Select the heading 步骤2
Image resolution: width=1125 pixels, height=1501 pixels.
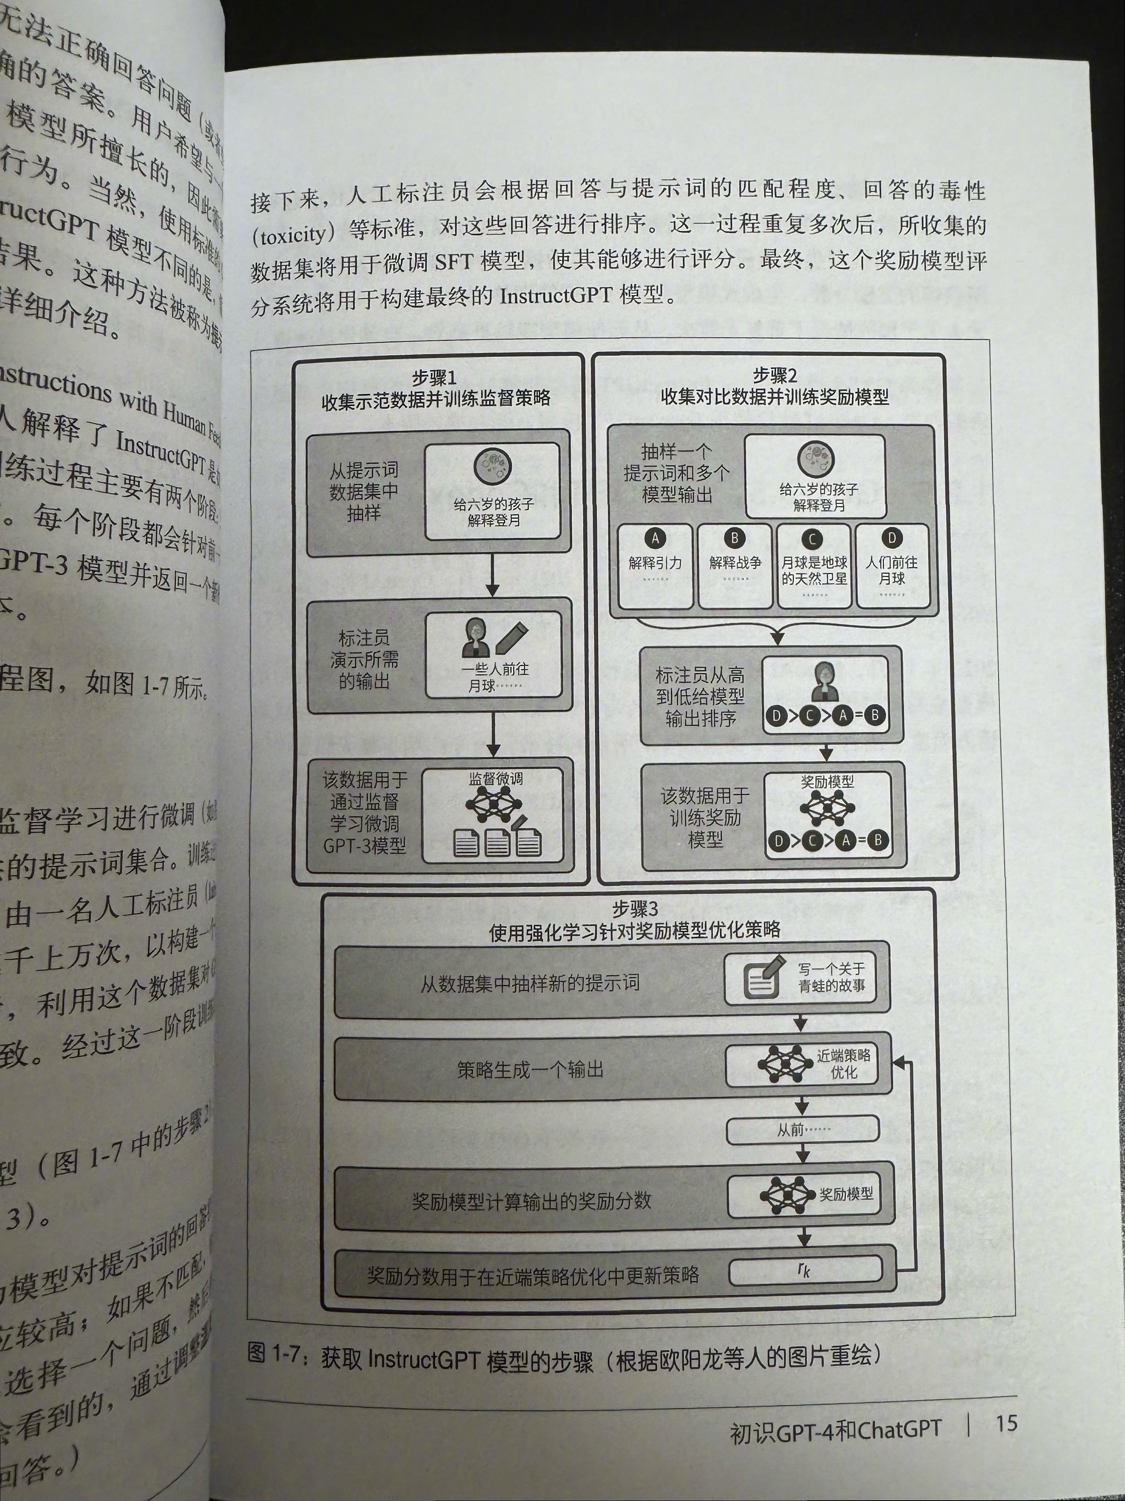pyautogui.click(x=775, y=375)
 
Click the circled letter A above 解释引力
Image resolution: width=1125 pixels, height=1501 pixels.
pyautogui.click(x=655, y=539)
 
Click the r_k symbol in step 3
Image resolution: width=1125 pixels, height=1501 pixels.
pyautogui.click(x=804, y=1270)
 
